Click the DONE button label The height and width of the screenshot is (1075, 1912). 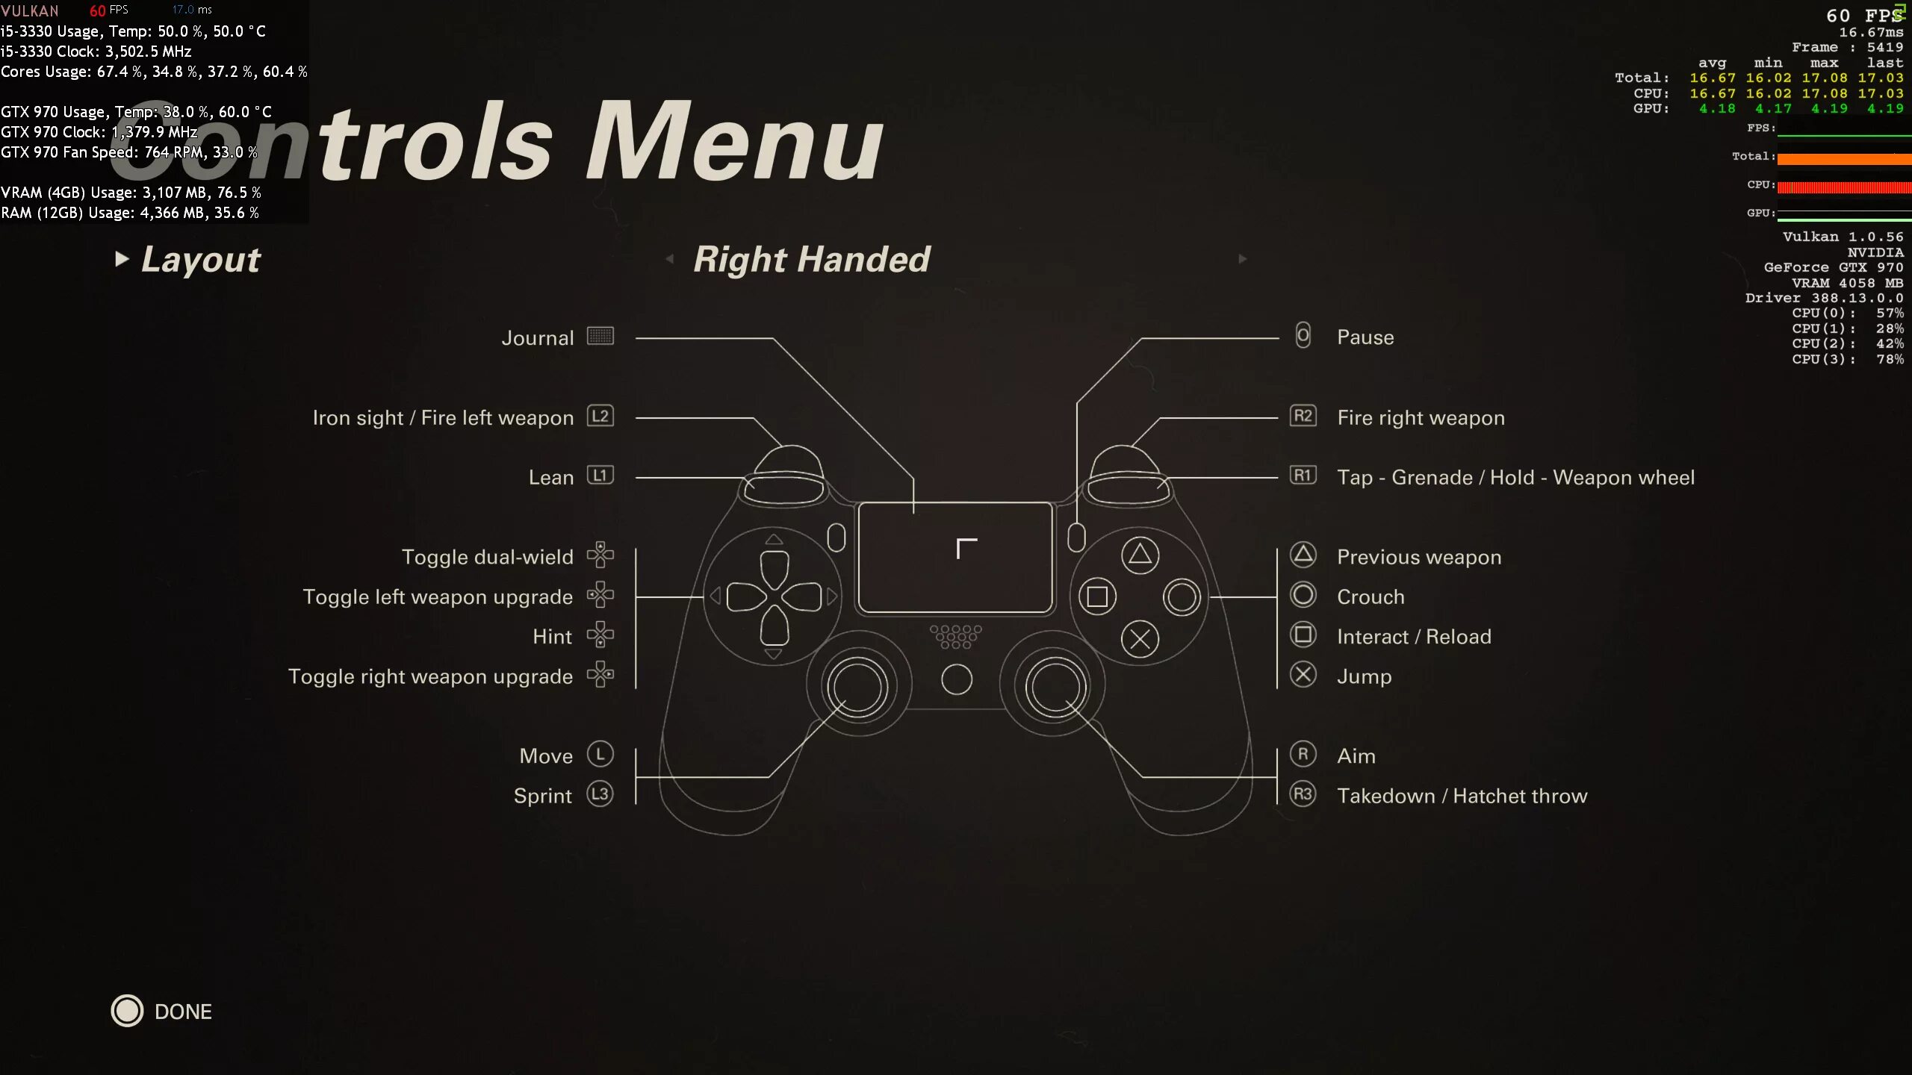click(x=183, y=1012)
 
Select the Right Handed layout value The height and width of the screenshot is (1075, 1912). click(x=811, y=260)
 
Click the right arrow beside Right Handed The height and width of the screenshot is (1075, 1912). click(x=1243, y=259)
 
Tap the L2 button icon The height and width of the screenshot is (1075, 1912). click(x=600, y=416)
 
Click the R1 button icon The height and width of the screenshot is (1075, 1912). click(x=1303, y=476)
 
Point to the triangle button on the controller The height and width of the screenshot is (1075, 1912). click(x=1140, y=555)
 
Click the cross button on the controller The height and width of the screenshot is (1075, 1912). click(x=1140, y=639)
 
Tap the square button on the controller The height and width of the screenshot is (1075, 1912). click(x=1097, y=596)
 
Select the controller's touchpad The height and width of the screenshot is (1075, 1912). click(x=955, y=558)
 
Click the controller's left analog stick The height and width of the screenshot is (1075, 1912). click(x=857, y=686)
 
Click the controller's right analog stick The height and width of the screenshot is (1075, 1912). click(x=1054, y=686)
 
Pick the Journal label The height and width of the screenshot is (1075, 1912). click(x=538, y=338)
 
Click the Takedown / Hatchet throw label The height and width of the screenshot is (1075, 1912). click(x=1462, y=796)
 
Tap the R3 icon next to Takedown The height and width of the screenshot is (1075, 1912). click(x=1303, y=794)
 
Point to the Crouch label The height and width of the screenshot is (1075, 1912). click(x=1371, y=597)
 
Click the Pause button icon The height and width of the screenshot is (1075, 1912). click(x=1303, y=336)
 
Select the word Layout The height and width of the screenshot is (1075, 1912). click(x=200, y=260)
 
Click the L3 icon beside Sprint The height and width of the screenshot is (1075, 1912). click(x=600, y=794)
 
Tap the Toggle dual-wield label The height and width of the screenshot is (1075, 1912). click(x=487, y=557)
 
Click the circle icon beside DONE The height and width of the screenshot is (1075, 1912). click(x=127, y=1011)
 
